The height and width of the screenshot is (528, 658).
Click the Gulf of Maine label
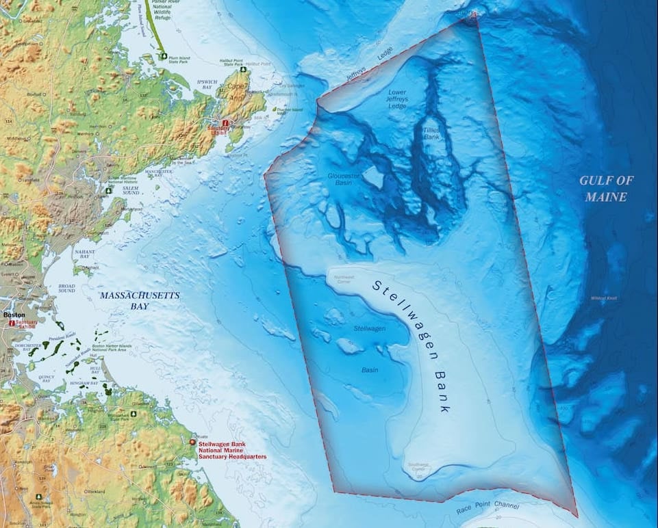pyautogui.click(x=607, y=189)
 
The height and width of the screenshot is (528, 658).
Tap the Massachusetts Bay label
pyautogui.click(x=140, y=301)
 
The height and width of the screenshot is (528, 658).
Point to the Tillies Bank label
pyautogui.click(x=432, y=133)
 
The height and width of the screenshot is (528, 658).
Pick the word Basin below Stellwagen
pyautogui.click(x=370, y=370)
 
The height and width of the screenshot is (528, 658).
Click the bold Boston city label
pyautogui.click(x=14, y=315)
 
